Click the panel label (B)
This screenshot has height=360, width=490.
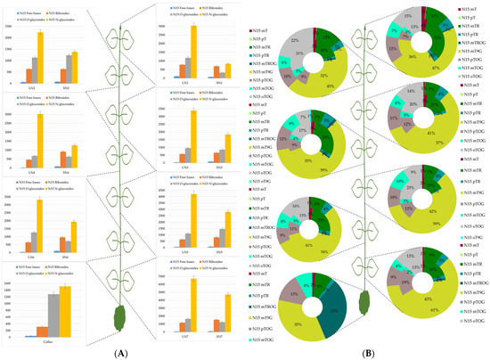pos(367,353)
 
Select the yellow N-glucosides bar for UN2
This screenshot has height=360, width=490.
pos(40,58)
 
